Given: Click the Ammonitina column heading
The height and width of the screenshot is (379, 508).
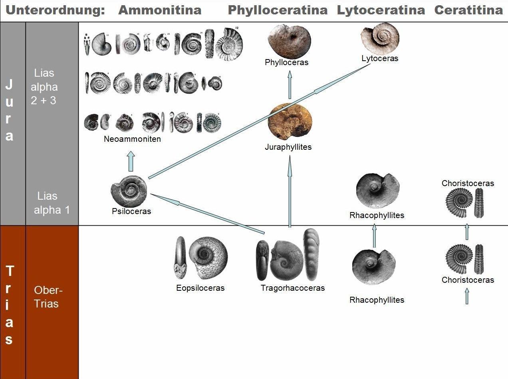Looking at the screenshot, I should [x=160, y=10].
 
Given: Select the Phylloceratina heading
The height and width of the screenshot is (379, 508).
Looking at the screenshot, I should [x=278, y=10].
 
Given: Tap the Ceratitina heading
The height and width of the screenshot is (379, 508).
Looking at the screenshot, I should [x=468, y=10].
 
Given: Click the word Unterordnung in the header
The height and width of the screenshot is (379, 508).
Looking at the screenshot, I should [x=55, y=10].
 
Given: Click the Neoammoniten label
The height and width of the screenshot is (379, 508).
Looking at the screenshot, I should [x=132, y=139].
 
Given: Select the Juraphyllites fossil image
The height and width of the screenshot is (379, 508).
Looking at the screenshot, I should [x=290, y=121].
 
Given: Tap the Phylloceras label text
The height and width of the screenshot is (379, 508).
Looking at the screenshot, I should [x=286, y=62].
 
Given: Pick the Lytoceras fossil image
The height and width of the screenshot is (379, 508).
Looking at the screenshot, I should [x=380, y=38].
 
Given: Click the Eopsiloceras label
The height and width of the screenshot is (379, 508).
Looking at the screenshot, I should [x=200, y=288].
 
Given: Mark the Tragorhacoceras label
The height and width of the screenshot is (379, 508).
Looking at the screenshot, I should [x=293, y=288].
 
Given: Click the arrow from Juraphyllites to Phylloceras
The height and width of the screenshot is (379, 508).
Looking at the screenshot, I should [x=290, y=85].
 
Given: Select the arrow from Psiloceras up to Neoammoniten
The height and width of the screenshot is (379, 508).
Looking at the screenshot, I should [x=131, y=161].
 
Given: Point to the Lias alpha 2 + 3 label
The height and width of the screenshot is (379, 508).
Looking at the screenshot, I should [x=44, y=87].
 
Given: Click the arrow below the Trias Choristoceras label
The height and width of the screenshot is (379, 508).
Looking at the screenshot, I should [x=467, y=296].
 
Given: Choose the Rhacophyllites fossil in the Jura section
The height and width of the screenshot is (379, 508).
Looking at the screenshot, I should [x=377, y=190].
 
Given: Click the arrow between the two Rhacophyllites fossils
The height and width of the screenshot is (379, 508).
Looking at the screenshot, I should [x=375, y=236].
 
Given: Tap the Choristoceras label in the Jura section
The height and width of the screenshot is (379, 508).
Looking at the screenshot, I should [x=468, y=183].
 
